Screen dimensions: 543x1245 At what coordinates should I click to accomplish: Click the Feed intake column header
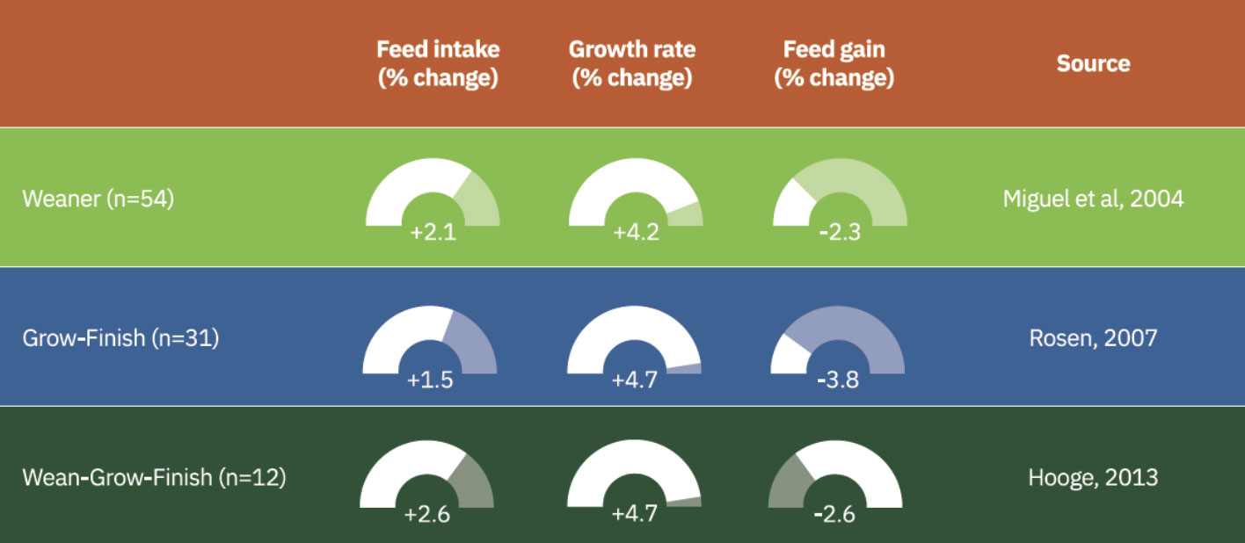(438, 63)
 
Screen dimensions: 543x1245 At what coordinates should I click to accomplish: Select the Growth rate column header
(631, 63)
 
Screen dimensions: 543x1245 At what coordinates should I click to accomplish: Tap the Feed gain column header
(834, 63)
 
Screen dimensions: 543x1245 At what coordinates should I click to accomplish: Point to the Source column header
(1093, 63)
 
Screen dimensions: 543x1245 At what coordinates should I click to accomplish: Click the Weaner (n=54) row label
(98, 199)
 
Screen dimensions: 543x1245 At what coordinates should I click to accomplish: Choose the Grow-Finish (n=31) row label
(120, 337)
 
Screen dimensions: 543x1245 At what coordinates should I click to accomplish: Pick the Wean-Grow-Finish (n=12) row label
(154, 478)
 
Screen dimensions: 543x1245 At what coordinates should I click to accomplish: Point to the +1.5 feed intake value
(430, 381)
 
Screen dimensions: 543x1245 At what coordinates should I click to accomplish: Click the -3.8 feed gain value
(837, 381)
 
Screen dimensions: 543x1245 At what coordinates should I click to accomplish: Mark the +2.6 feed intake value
(426, 514)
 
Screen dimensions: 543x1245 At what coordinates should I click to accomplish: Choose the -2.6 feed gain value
(835, 514)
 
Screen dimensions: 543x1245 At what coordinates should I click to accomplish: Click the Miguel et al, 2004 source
(1093, 199)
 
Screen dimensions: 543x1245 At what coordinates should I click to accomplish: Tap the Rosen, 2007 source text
(1093, 337)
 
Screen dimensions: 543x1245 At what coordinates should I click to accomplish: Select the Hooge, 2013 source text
(1093, 478)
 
